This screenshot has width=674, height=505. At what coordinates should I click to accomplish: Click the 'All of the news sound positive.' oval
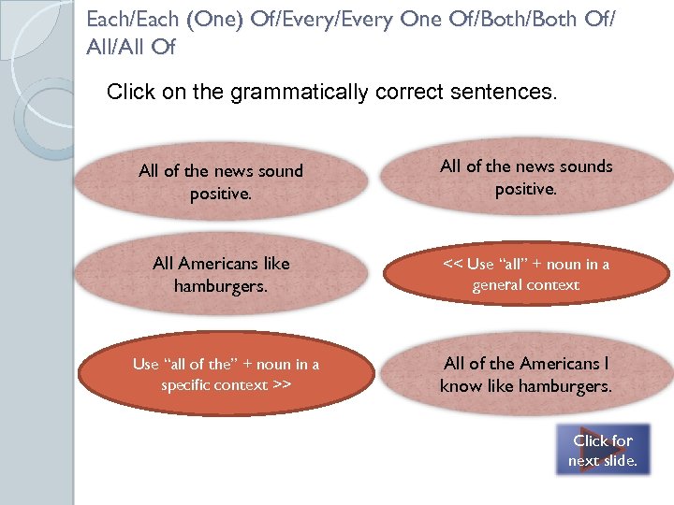pos(221,181)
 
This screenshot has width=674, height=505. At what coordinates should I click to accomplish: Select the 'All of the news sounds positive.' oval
pos(526,177)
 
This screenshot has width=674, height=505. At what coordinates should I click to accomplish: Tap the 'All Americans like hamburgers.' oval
pos(221,274)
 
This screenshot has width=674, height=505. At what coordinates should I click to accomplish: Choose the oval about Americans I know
pos(526,374)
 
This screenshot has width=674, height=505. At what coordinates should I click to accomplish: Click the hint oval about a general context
pos(526,274)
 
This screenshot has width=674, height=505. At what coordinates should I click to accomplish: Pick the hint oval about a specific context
pos(226,374)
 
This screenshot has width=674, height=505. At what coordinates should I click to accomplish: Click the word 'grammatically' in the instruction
pos(303,93)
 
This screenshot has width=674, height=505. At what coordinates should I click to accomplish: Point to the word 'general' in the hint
pos(496,284)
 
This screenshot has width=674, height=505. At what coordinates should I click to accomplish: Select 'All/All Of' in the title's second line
pos(130,45)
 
